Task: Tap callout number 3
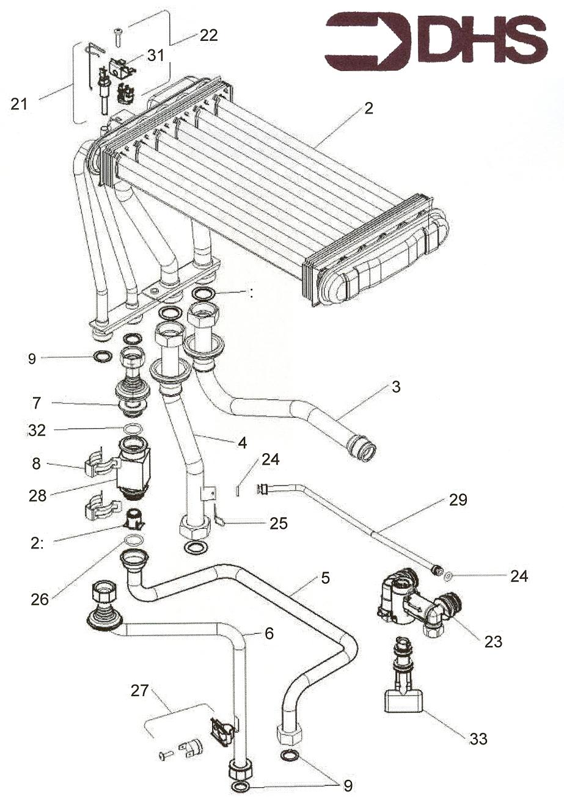397,387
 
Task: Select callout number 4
243,443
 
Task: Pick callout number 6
269,634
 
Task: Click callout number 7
37,402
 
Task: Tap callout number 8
37,464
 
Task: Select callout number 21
19,104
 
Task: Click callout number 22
208,35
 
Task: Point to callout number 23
493,642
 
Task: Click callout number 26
40,600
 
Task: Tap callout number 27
140,691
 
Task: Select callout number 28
37,495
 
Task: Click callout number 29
458,500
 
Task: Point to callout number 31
156,55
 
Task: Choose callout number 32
37,431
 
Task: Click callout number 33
478,739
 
